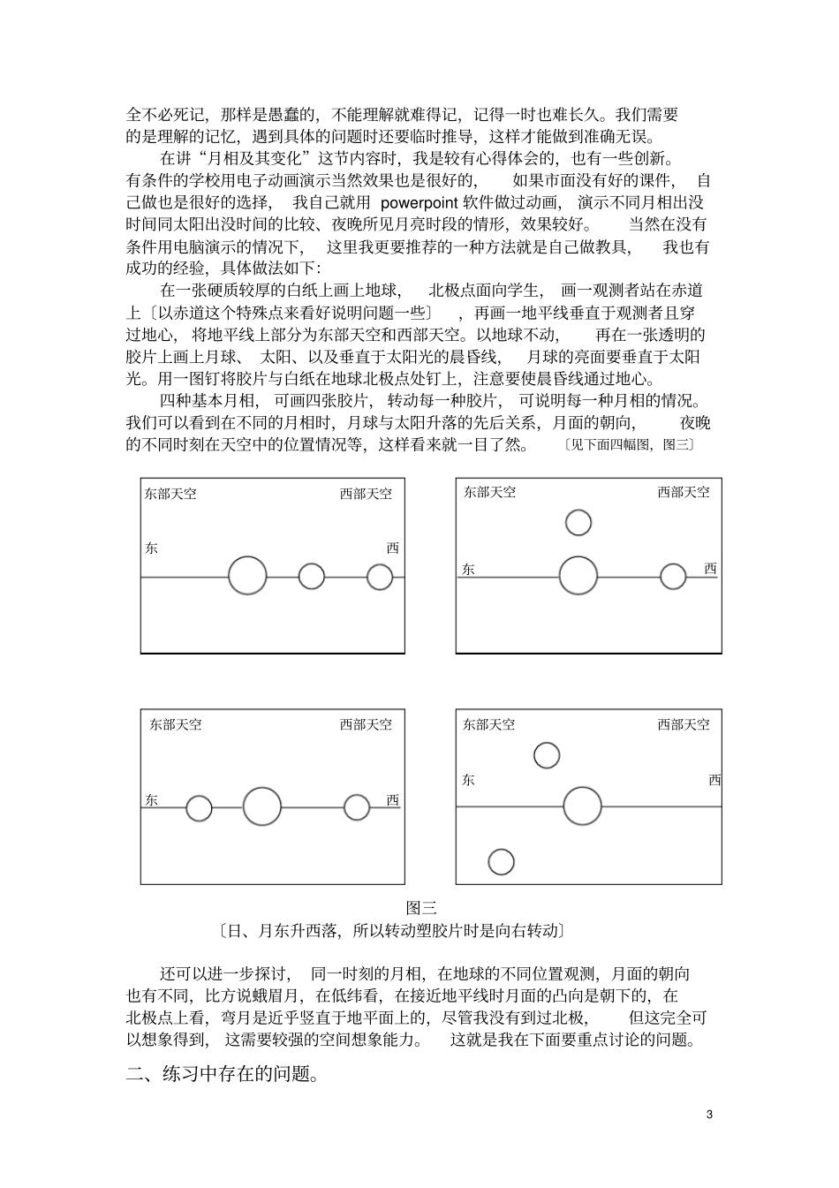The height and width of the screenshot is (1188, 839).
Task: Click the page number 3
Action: pos(709,1114)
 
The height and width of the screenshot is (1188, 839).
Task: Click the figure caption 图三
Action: pos(421,907)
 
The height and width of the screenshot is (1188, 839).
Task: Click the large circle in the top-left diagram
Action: pos(247,576)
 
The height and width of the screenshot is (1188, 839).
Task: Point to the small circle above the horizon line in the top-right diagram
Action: pos(578,522)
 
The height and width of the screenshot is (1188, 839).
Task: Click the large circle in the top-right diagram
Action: pos(578,575)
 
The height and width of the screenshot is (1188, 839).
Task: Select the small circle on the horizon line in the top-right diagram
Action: pos(673,576)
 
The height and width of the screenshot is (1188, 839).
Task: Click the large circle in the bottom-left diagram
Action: pos(261,806)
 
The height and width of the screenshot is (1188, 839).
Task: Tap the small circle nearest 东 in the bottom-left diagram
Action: pos(199,807)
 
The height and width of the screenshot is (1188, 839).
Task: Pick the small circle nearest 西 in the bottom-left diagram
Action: pos(357,807)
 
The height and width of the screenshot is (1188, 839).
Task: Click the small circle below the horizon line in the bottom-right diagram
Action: pos(501,861)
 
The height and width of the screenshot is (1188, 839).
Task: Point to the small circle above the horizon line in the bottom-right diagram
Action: pos(547,755)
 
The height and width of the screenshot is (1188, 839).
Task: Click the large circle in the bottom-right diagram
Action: pos(582,807)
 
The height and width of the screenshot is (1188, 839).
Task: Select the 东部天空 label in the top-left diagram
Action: pos(170,494)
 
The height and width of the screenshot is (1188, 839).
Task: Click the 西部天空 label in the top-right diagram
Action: pos(683,492)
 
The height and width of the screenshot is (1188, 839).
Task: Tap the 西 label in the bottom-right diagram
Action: pos(714,780)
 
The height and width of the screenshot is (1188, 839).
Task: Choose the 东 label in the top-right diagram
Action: pos(468,570)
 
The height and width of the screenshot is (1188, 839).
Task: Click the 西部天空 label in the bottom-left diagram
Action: pos(366,725)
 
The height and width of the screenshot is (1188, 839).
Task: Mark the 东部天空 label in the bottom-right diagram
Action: pos(488,725)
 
